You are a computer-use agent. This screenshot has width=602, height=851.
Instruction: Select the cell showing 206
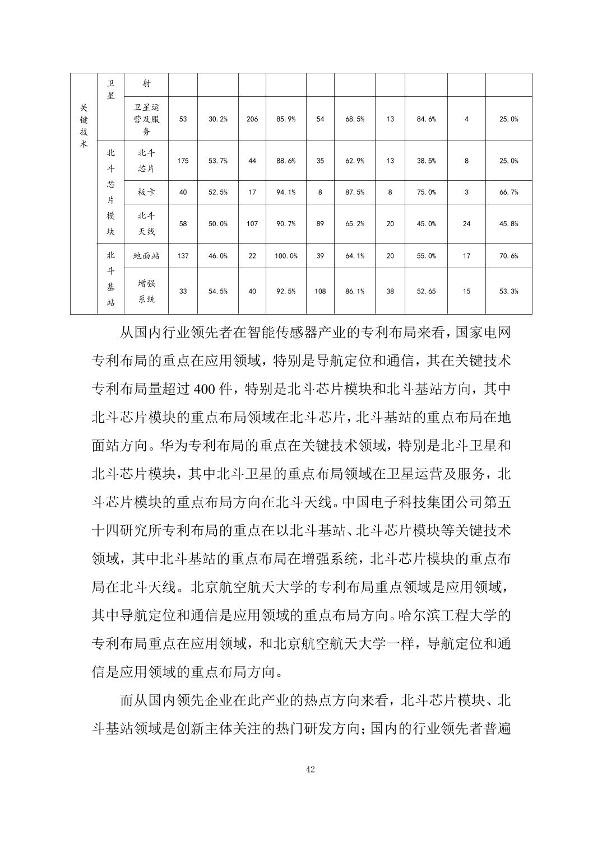(x=252, y=119)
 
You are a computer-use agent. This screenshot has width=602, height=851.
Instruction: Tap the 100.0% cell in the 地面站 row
(x=286, y=256)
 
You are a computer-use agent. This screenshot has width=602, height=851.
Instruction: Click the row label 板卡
(x=146, y=192)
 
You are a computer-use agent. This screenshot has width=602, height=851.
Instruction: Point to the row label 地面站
(x=146, y=256)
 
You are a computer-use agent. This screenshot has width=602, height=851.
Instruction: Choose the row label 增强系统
(x=146, y=291)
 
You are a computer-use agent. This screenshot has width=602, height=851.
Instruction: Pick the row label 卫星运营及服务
(x=146, y=119)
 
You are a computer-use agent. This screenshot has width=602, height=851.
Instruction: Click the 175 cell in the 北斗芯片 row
(x=183, y=161)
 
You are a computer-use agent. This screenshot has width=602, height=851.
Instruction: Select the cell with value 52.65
(x=426, y=291)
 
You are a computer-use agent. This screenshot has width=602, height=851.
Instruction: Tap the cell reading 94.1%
(x=286, y=192)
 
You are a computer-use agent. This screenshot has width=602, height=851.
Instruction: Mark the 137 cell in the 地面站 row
(x=183, y=256)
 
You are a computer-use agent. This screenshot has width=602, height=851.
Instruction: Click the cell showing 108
(x=320, y=291)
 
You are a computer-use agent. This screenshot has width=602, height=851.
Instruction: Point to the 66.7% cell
(x=508, y=192)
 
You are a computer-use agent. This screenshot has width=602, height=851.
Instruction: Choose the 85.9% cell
(x=286, y=119)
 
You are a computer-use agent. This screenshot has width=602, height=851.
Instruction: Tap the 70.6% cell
(x=508, y=256)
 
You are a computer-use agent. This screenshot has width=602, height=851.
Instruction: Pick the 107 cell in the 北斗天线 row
(x=252, y=223)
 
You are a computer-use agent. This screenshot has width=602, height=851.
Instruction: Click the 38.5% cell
(x=426, y=161)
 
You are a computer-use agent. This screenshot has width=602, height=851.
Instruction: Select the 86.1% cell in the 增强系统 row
(x=355, y=291)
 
